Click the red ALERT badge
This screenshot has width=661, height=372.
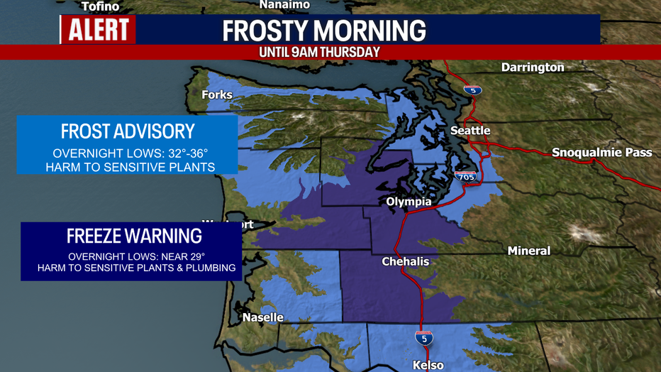[x=98, y=30]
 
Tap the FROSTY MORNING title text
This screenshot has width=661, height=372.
[x=324, y=31]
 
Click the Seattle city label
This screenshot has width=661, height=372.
[x=470, y=131]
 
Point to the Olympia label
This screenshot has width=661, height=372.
[x=408, y=202]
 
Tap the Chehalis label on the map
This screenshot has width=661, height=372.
[x=406, y=261]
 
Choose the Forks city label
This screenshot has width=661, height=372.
[x=216, y=94]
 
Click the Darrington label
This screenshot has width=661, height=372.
[x=532, y=67]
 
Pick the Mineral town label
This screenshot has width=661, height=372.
[x=528, y=251]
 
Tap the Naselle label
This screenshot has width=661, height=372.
[x=262, y=317]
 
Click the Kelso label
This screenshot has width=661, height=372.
[x=428, y=365]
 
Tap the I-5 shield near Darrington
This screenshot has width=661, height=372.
[x=472, y=89]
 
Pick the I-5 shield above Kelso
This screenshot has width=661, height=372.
[x=424, y=339]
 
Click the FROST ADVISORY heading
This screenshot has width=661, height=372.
[x=127, y=131]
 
